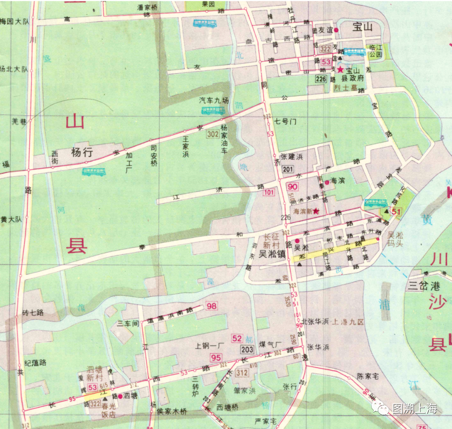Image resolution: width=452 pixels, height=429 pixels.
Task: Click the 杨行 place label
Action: click(81, 152)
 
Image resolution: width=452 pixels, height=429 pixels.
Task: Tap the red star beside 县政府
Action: click(340, 69)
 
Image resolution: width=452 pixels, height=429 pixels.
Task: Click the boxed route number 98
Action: click(212, 306)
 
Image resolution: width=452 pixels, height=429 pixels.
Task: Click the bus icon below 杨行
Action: click(94, 172)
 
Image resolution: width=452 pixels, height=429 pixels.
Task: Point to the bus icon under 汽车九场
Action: click(213, 111)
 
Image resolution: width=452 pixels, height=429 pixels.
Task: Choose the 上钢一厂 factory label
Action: click(210, 346)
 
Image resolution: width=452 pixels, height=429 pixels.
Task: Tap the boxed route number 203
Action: click(247, 349)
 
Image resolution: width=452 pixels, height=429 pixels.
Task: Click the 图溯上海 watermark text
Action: click(414, 408)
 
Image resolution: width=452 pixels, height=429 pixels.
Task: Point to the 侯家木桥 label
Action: click(172, 411)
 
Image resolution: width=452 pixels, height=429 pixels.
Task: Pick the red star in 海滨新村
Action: click(316, 211)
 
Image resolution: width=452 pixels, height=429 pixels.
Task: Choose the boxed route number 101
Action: click(269, 193)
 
